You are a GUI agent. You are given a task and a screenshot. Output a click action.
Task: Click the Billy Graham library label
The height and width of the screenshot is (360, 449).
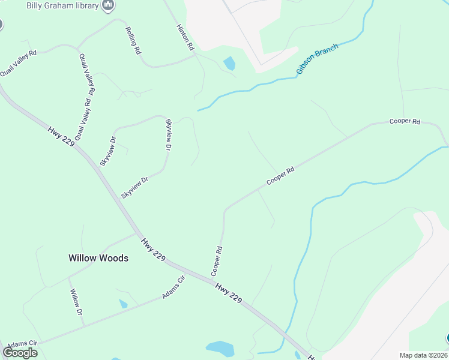(62, 6)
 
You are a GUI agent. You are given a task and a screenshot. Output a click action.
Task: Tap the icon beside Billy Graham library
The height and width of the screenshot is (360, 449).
(109, 5)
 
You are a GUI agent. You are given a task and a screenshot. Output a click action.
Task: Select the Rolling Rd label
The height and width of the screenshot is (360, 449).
(133, 41)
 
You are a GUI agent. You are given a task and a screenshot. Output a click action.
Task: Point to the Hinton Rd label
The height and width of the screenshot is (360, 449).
(185, 37)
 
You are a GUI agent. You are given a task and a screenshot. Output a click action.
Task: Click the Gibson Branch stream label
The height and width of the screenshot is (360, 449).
(317, 59)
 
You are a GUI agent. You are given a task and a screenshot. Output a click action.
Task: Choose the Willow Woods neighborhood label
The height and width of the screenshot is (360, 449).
(98, 258)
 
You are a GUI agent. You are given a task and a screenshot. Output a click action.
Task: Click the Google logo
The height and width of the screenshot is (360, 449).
(20, 353)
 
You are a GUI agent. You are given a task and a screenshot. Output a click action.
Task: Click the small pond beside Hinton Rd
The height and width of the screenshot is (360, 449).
(229, 63)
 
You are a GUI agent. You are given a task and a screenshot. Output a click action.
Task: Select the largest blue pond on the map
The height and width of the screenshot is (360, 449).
(219, 348)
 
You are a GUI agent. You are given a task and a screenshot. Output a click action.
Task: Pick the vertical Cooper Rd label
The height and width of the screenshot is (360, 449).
(217, 261)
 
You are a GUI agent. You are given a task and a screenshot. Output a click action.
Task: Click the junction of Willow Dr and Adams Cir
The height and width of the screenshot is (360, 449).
(84, 326)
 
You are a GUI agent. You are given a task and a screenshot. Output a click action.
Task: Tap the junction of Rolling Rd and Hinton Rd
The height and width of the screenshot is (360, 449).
(194, 55)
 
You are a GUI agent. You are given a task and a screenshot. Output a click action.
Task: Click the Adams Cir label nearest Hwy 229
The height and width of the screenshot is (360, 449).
(173, 288)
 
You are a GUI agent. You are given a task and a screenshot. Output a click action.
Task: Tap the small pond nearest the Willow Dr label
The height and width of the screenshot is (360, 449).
(123, 304)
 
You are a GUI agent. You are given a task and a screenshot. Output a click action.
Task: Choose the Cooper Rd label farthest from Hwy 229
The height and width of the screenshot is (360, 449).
(405, 121)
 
